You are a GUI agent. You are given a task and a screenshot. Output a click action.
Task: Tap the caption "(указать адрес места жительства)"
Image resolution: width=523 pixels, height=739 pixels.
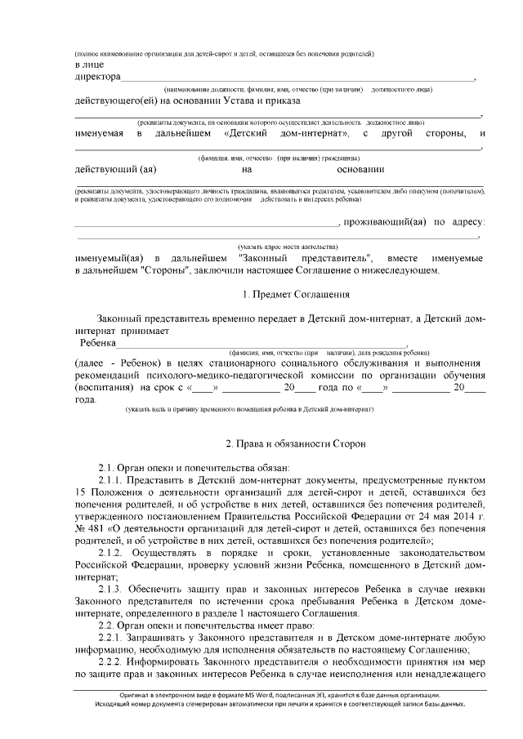point(287,246)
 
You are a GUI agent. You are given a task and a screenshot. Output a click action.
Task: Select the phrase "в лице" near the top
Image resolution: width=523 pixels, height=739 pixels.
point(88,65)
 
